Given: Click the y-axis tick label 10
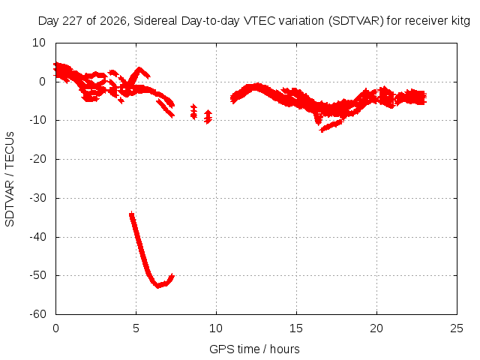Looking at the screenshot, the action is coord(39,43).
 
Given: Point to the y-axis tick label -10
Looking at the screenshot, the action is coord(37,120).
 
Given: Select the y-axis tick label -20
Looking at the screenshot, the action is coord(37,159).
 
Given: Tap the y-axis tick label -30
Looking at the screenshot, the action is coord(37,198).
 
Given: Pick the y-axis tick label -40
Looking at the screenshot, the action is coord(37,237).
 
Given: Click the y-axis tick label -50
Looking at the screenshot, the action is coord(37,275).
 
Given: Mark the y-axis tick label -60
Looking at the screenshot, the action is coord(37,314).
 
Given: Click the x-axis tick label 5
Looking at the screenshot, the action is coord(136,328).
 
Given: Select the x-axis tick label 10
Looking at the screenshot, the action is coord(216,328).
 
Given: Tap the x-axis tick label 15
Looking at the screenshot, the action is coord(296,328).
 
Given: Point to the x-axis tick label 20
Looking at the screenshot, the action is coord(376,328).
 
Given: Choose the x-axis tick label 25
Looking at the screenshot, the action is coord(457,328).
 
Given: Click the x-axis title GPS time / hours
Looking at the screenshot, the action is coord(254,349).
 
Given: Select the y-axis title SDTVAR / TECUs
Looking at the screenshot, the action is coord(10,179).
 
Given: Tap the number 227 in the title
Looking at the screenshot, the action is coord(73,21).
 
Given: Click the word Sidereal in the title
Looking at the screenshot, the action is coord(155,21).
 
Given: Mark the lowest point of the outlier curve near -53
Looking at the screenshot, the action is coord(158,286).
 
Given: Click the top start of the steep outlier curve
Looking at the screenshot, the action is coord(132,214).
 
